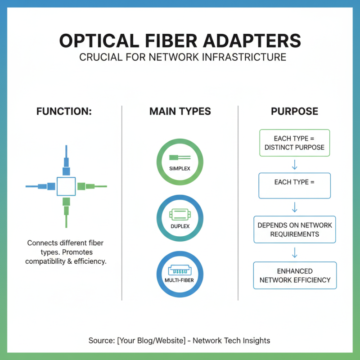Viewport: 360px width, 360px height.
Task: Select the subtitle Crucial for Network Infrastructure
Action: point(180,58)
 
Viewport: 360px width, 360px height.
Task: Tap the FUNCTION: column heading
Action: point(64,111)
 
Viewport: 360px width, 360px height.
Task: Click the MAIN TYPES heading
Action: point(180,111)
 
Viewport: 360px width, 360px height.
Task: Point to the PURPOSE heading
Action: point(294,111)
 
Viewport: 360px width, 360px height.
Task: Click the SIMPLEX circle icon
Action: point(180,162)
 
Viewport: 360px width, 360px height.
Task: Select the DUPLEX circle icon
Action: point(180,218)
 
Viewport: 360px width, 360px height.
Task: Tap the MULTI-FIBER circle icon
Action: point(180,274)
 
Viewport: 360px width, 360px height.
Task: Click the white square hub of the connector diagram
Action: point(66,186)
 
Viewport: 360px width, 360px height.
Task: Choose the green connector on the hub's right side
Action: point(88,186)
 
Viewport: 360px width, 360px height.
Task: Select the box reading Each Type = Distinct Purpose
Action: point(294,143)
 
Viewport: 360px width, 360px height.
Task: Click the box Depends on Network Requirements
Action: point(294,229)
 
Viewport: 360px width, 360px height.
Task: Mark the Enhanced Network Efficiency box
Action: point(295,275)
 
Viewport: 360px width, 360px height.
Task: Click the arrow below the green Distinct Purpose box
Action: point(295,165)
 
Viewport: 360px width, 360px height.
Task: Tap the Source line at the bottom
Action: point(180,340)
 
